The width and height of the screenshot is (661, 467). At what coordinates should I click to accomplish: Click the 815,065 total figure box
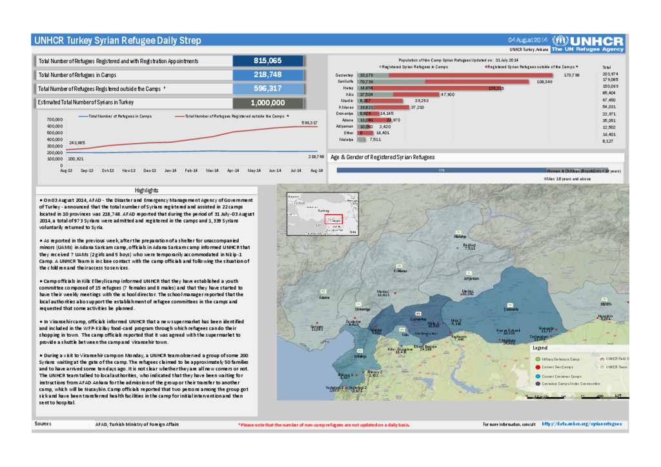click(267, 61)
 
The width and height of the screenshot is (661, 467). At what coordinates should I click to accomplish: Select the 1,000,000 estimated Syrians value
click(267, 103)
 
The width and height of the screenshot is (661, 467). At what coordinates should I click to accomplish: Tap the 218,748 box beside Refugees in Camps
click(267, 75)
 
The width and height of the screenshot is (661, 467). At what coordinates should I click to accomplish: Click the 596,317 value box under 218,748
click(267, 88)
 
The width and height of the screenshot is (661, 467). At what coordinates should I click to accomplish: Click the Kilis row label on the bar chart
click(349, 94)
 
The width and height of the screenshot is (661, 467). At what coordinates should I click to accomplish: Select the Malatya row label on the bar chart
click(347, 139)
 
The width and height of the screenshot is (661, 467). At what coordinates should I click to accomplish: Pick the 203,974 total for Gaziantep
click(610, 74)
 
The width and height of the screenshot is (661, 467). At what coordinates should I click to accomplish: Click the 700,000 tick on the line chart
click(55, 120)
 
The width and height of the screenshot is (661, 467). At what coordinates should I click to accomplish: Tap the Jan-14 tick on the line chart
click(170, 170)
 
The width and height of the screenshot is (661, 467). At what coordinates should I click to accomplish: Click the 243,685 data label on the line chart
click(77, 142)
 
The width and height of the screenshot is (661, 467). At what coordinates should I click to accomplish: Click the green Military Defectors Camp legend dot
click(537, 359)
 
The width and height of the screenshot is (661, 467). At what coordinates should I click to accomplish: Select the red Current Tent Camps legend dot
click(537, 367)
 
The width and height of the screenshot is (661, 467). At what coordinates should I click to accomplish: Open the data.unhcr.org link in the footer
click(582, 424)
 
